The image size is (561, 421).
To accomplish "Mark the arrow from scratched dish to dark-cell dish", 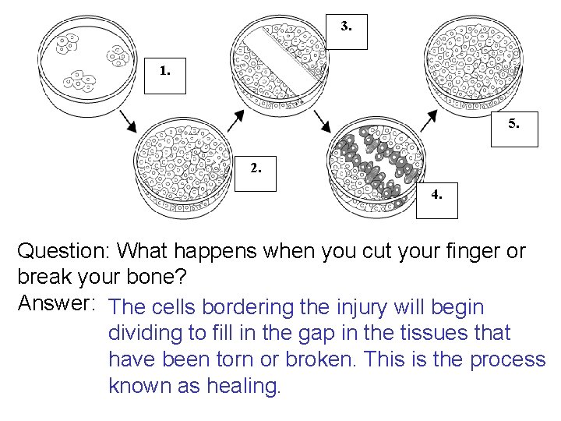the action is pyautogui.click(x=320, y=121).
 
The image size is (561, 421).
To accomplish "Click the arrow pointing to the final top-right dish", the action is pyautogui.click(x=426, y=121).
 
